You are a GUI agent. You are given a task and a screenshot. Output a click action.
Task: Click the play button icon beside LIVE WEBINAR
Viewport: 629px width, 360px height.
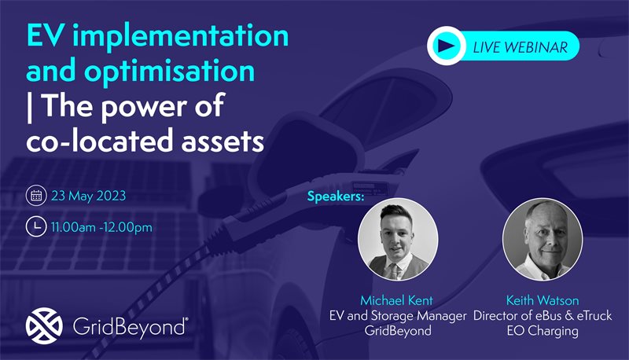(446, 46)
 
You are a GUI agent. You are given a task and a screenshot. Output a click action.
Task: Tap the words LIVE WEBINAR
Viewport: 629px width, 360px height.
(520, 47)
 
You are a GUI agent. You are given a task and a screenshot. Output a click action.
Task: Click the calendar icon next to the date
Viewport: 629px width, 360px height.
(36, 195)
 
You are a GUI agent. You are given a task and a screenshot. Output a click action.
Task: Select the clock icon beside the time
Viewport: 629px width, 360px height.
(36, 226)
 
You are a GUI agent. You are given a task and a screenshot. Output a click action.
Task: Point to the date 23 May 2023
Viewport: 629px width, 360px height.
(89, 196)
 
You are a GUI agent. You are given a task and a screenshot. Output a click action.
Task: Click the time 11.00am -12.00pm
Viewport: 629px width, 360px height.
(102, 227)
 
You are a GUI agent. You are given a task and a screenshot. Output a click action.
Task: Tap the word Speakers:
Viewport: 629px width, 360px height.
(336, 197)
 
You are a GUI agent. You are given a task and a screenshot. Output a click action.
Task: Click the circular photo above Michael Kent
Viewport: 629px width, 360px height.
(398, 239)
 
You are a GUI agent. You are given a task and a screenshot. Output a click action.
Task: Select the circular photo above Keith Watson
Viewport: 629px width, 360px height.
(543, 239)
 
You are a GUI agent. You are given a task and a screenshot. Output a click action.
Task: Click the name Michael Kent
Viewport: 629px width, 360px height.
(397, 300)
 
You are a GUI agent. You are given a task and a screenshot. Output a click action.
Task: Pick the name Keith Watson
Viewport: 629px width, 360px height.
(543, 300)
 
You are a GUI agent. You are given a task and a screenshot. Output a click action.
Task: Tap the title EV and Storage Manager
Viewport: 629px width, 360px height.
(398, 316)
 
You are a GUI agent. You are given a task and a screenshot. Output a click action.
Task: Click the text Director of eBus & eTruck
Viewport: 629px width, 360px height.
(543, 315)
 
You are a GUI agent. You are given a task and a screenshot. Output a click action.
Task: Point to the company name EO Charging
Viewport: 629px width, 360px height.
(543, 331)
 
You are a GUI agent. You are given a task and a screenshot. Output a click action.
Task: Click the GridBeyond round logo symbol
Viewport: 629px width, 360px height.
(44, 326)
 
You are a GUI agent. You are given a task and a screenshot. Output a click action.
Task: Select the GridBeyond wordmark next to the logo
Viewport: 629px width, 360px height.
(131, 327)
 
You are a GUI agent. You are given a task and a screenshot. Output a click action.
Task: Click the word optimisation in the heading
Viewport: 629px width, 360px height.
(169, 71)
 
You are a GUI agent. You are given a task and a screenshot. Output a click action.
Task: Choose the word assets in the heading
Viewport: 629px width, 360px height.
(223, 141)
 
